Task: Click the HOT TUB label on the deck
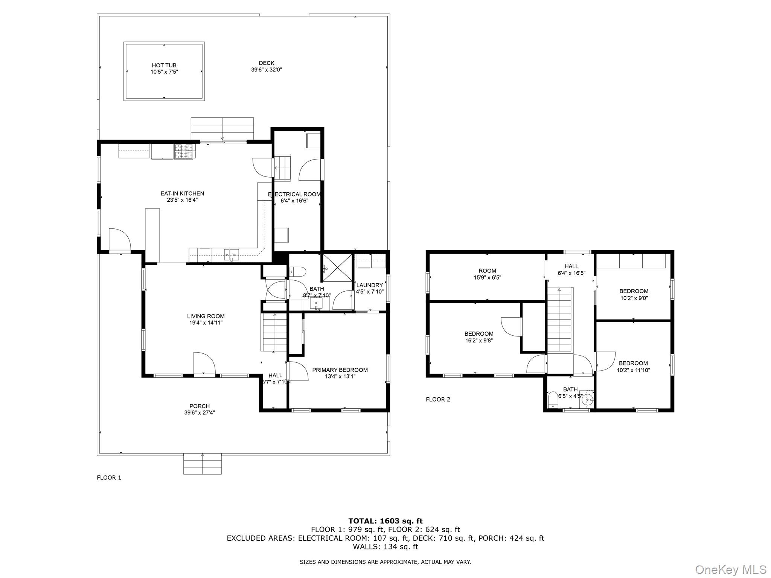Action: (x=164, y=65)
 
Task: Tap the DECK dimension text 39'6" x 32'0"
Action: (x=267, y=70)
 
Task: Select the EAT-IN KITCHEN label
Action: (x=182, y=193)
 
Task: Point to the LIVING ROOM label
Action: (x=206, y=316)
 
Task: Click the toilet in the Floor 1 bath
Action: (x=297, y=272)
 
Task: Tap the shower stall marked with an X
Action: (x=337, y=268)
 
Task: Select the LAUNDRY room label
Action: (x=369, y=285)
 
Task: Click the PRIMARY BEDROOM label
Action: (x=340, y=370)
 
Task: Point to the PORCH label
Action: (x=200, y=406)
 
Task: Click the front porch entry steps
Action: (x=203, y=464)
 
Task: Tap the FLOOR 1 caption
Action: (x=109, y=478)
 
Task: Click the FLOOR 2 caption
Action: (x=438, y=399)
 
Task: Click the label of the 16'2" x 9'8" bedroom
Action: (x=478, y=334)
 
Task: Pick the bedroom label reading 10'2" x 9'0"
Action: (x=634, y=291)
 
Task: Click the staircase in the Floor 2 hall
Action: (x=559, y=320)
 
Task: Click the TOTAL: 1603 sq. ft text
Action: (x=385, y=521)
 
